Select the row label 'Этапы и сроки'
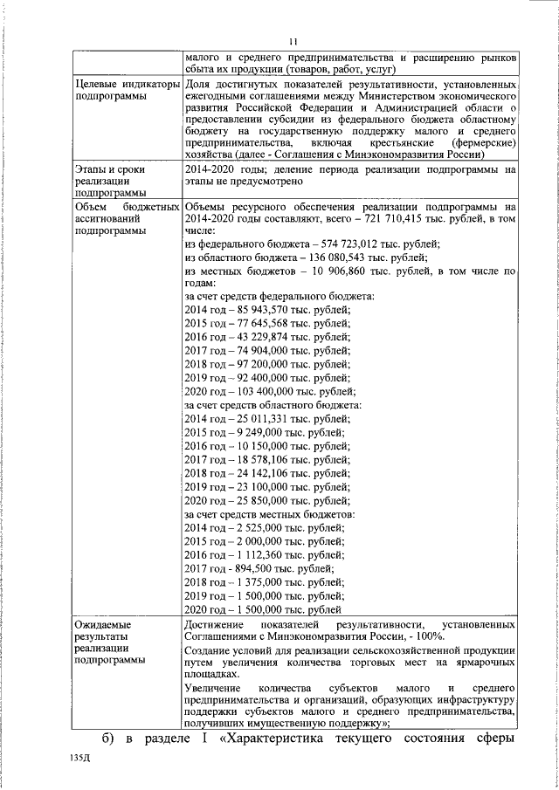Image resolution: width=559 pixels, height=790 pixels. click(112, 168)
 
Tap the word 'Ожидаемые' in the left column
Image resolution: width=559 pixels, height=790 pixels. click(102, 625)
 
